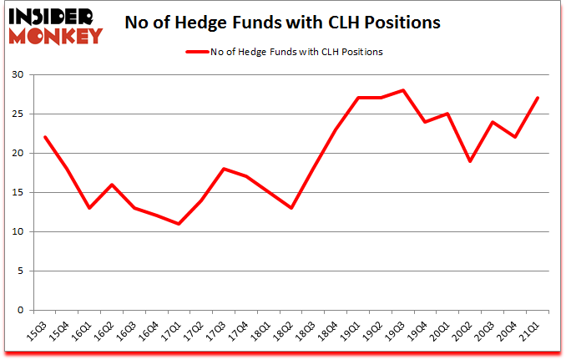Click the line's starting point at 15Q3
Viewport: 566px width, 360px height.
point(44,138)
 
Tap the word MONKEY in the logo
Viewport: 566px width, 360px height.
point(56,35)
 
